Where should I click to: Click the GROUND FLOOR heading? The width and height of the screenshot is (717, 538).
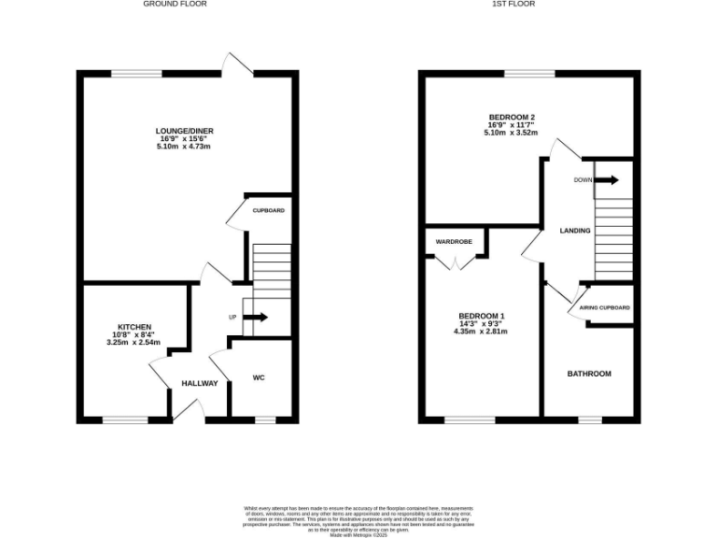coord(175,4)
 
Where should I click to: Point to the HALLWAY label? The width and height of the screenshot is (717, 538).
coord(199,384)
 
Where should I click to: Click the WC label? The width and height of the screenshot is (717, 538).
coord(260,378)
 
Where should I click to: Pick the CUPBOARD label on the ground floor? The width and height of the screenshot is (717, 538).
coord(269,210)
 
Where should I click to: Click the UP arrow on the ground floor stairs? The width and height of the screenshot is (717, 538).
coord(255,318)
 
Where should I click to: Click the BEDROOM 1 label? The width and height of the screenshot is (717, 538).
coord(481,315)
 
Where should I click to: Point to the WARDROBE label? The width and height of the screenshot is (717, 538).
coord(454,242)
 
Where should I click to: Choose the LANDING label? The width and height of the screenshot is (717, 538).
coord(574,231)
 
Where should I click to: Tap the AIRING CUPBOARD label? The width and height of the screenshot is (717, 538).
coord(604,307)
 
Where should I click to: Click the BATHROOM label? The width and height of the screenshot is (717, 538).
coord(589,374)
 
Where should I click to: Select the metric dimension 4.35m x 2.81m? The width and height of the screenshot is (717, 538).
coord(481,332)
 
